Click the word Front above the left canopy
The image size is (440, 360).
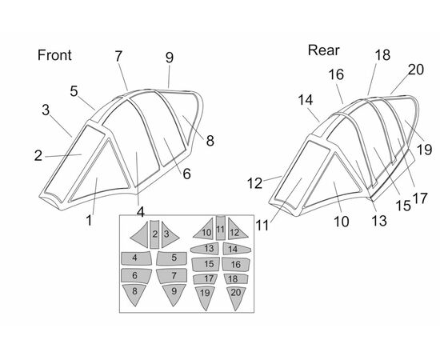[54, 55]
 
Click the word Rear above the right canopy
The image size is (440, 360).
[323, 50]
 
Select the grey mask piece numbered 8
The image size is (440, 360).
[134, 294]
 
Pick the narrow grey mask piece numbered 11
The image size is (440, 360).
[221, 227]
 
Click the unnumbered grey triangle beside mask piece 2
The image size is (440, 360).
[140, 235]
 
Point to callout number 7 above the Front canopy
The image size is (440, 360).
[118, 56]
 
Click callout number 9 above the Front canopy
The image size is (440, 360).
[170, 58]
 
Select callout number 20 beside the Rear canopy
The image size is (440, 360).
[415, 70]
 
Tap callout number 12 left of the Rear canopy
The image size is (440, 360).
[254, 183]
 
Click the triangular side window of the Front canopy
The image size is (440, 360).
[100, 173]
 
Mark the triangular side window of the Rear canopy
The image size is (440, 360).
[334, 182]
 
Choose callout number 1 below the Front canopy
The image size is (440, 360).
[90, 220]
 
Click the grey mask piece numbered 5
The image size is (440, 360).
[172, 258]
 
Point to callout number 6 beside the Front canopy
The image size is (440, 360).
[187, 174]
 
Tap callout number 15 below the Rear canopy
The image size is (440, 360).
[403, 206]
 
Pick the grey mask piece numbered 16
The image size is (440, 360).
[236, 264]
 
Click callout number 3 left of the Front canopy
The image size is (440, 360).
[46, 110]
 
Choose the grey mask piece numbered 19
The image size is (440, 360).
[205, 297]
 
